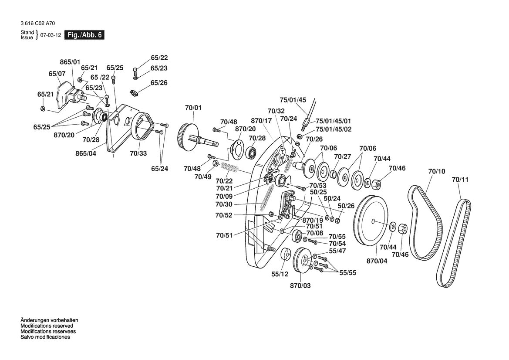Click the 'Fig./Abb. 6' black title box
pyautogui.click(x=84, y=35)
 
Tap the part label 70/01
pyautogui.click(x=193, y=108)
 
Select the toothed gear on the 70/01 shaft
pyautogui.click(x=185, y=136)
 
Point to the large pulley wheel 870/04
pyautogui.click(x=371, y=221)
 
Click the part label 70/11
pyautogui.click(x=460, y=180)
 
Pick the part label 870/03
pyautogui.click(x=300, y=285)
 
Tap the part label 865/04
pyautogui.click(x=86, y=153)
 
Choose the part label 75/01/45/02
pyautogui.click(x=334, y=129)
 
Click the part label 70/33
pyautogui.click(x=138, y=153)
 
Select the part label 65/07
pyautogui.click(x=57, y=74)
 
